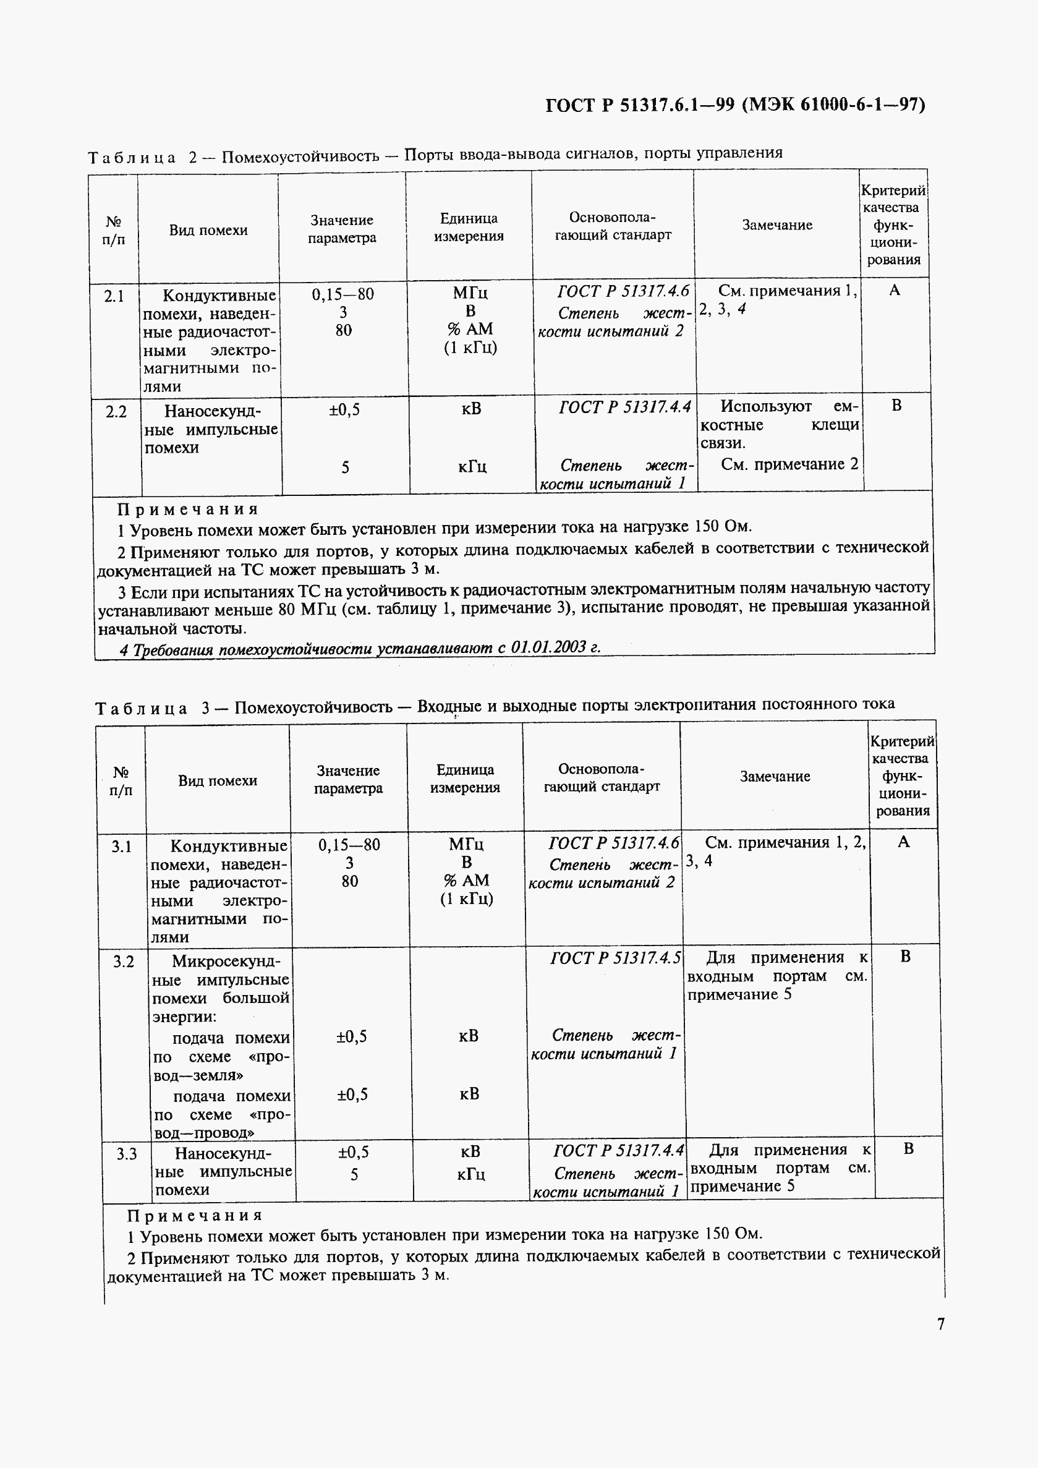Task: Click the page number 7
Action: pos(940,1323)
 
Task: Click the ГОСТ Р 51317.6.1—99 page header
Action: pos(735,105)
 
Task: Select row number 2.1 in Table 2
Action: pos(114,296)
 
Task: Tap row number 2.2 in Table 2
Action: pos(116,412)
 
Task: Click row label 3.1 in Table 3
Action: pos(121,847)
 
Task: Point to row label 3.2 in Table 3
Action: pos(124,962)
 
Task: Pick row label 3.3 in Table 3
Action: pos(127,1154)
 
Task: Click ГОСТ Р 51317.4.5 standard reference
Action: pos(615,958)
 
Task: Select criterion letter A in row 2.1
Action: pos(894,290)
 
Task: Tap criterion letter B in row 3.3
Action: pos(908,1149)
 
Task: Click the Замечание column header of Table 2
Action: pos(776,225)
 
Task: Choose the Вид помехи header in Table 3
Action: pos(218,780)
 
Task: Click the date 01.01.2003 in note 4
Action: pos(549,647)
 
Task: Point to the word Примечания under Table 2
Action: pos(188,510)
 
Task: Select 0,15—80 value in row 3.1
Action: pos(349,845)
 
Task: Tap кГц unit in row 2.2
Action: pos(472,467)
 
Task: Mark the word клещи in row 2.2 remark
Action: pos(835,425)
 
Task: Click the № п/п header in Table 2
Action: pos(114,230)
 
